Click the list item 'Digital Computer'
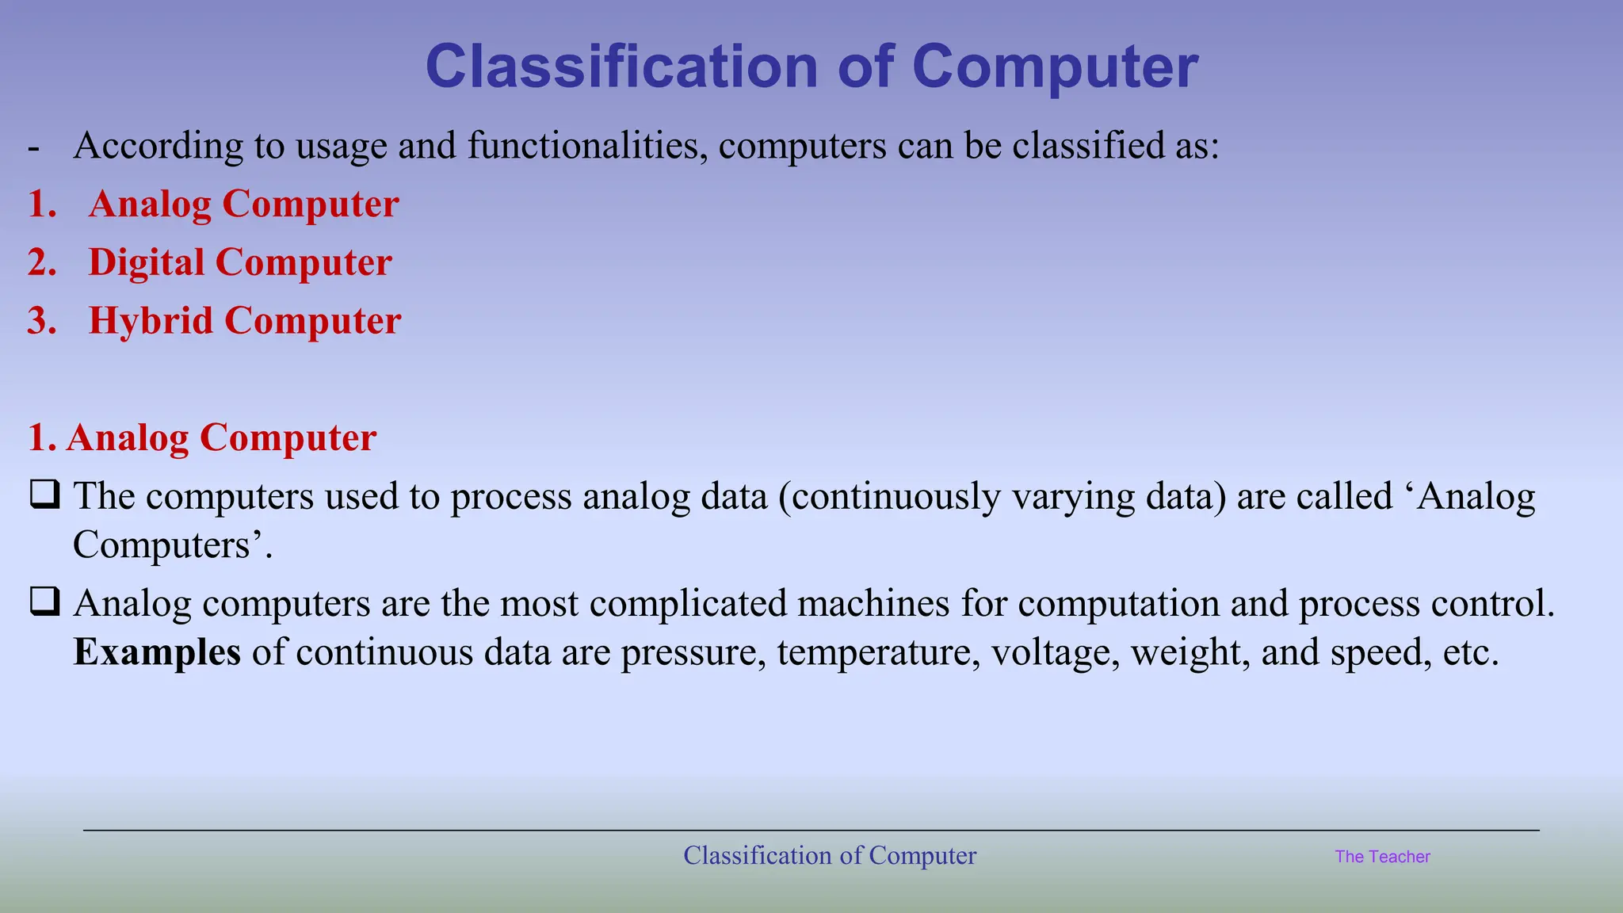pyautogui.click(x=239, y=262)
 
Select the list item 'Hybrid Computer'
pyautogui.click(x=244, y=321)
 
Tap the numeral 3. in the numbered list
pyautogui.click(x=42, y=321)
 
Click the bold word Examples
pyautogui.click(x=157, y=652)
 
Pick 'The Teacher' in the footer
pyautogui.click(x=1382, y=857)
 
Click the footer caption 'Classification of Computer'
pyautogui.click(x=830, y=856)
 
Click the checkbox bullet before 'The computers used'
pyautogui.click(x=44, y=495)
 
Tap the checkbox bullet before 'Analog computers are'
pyautogui.click(x=44, y=602)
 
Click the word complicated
pyautogui.click(x=687, y=603)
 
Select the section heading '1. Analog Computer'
pyautogui.click(x=202, y=437)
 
